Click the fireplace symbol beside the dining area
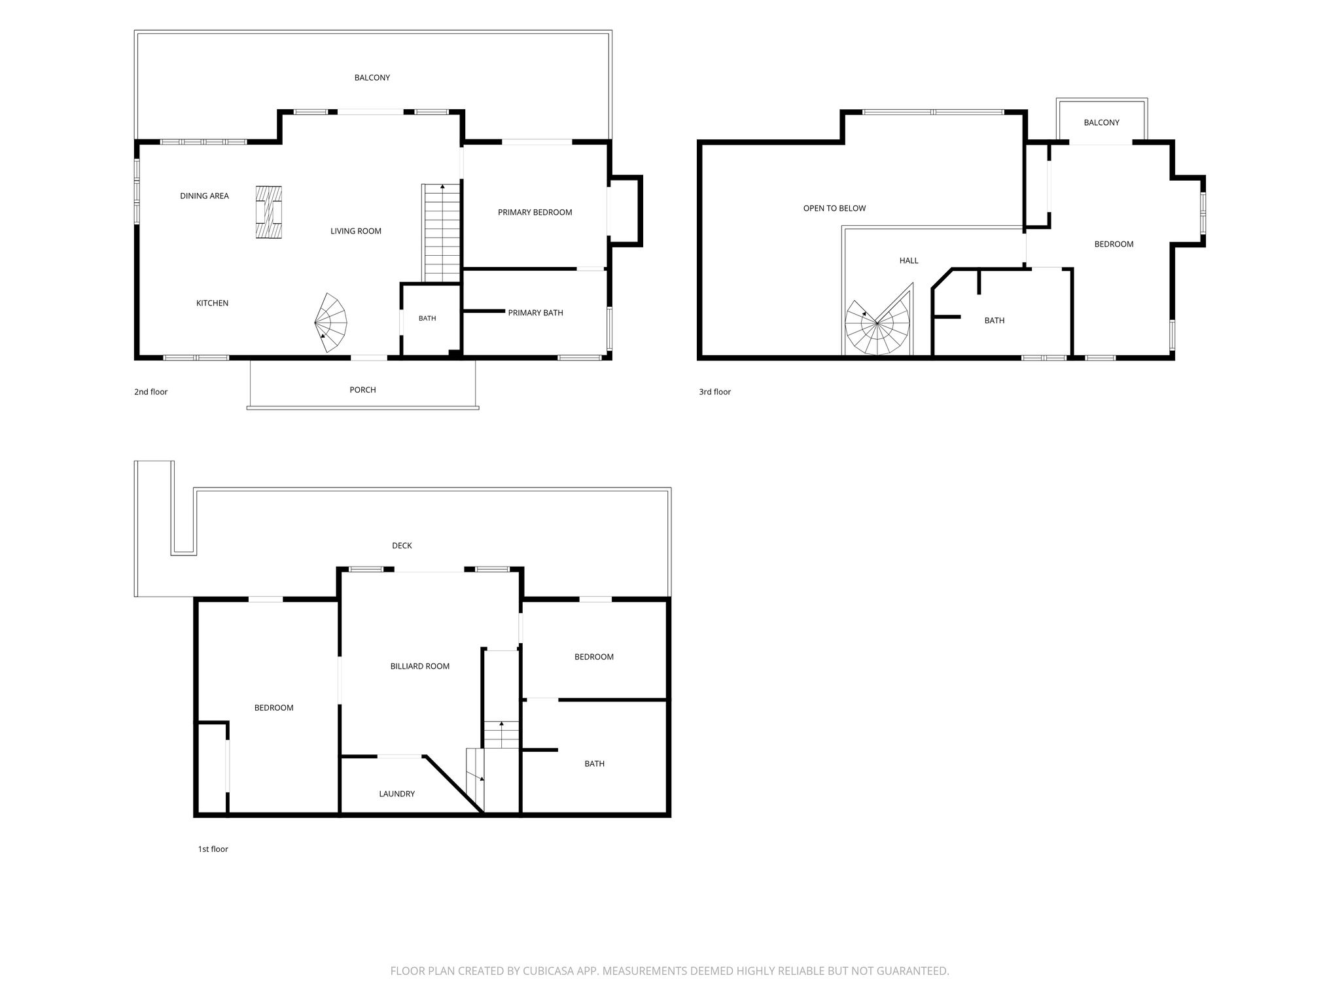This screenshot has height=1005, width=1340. click(269, 213)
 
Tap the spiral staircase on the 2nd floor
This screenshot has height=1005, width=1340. click(332, 323)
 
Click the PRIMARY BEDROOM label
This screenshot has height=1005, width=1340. click(535, 213)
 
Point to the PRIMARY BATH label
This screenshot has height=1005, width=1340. click(535, 313)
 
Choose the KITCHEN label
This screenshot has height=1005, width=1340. click(212, 304)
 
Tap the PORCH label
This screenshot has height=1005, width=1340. click(362, 390)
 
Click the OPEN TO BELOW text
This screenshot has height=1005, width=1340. click(834, 209)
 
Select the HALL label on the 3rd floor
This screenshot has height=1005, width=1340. click(909, 261)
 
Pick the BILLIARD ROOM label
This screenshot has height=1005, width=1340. click(419, 667)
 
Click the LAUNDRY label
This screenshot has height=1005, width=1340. click(397, 794)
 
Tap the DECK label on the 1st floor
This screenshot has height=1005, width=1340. click(402, 546)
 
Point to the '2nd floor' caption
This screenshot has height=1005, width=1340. click(150, 392)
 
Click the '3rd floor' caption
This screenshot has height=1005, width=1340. click(714, 392)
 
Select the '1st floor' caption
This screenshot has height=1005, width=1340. click(213, 849)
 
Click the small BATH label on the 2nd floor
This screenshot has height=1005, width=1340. click(427, 319)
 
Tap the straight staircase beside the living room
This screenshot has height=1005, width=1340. click(442, 233)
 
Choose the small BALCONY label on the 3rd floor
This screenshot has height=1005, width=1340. click(1101, 123)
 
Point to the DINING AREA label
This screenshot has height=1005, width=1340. click(204, 196)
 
